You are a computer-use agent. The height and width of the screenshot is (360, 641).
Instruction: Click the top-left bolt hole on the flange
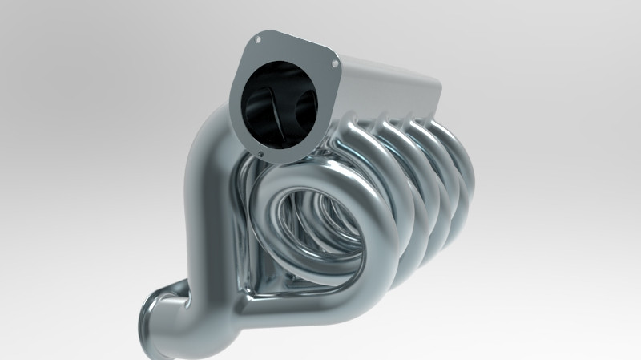tap(258, 38)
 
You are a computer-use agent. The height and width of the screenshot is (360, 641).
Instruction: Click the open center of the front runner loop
tap(308, 229)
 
